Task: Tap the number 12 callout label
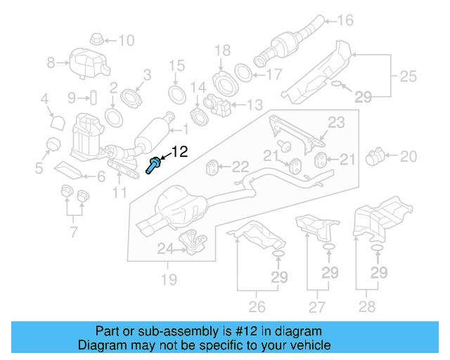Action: pyautogui.click(x=180, y=150)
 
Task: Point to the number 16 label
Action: pyautogui.click(x=345, y=20)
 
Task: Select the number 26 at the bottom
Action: pyautogui.click(x=257, y=306)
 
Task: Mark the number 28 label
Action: pyautogui.click(x=366, y=306)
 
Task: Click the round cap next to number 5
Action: pyautogui.click(x=51, y=146)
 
